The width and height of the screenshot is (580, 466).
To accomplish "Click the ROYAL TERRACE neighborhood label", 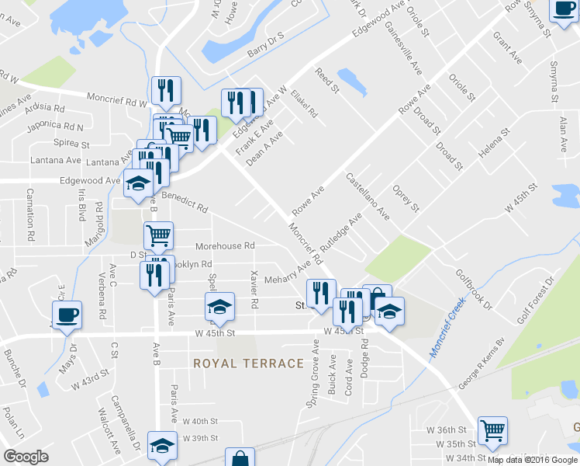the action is point(248,363).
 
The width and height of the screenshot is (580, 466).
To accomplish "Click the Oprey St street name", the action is point(406,199).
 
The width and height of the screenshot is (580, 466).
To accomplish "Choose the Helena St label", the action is point(494,144).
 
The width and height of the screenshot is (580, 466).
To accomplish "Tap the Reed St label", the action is point(327,81).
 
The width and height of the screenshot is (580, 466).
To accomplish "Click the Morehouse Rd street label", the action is point(225,246).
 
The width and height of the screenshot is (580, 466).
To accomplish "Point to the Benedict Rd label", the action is point(185,203).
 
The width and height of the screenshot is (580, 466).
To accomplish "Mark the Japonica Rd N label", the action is point(57,125).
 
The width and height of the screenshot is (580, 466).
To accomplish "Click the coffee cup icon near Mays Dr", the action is point(66,314).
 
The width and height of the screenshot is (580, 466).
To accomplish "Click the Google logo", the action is point(26,457).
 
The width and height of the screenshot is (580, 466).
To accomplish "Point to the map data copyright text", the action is point(532,460).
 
